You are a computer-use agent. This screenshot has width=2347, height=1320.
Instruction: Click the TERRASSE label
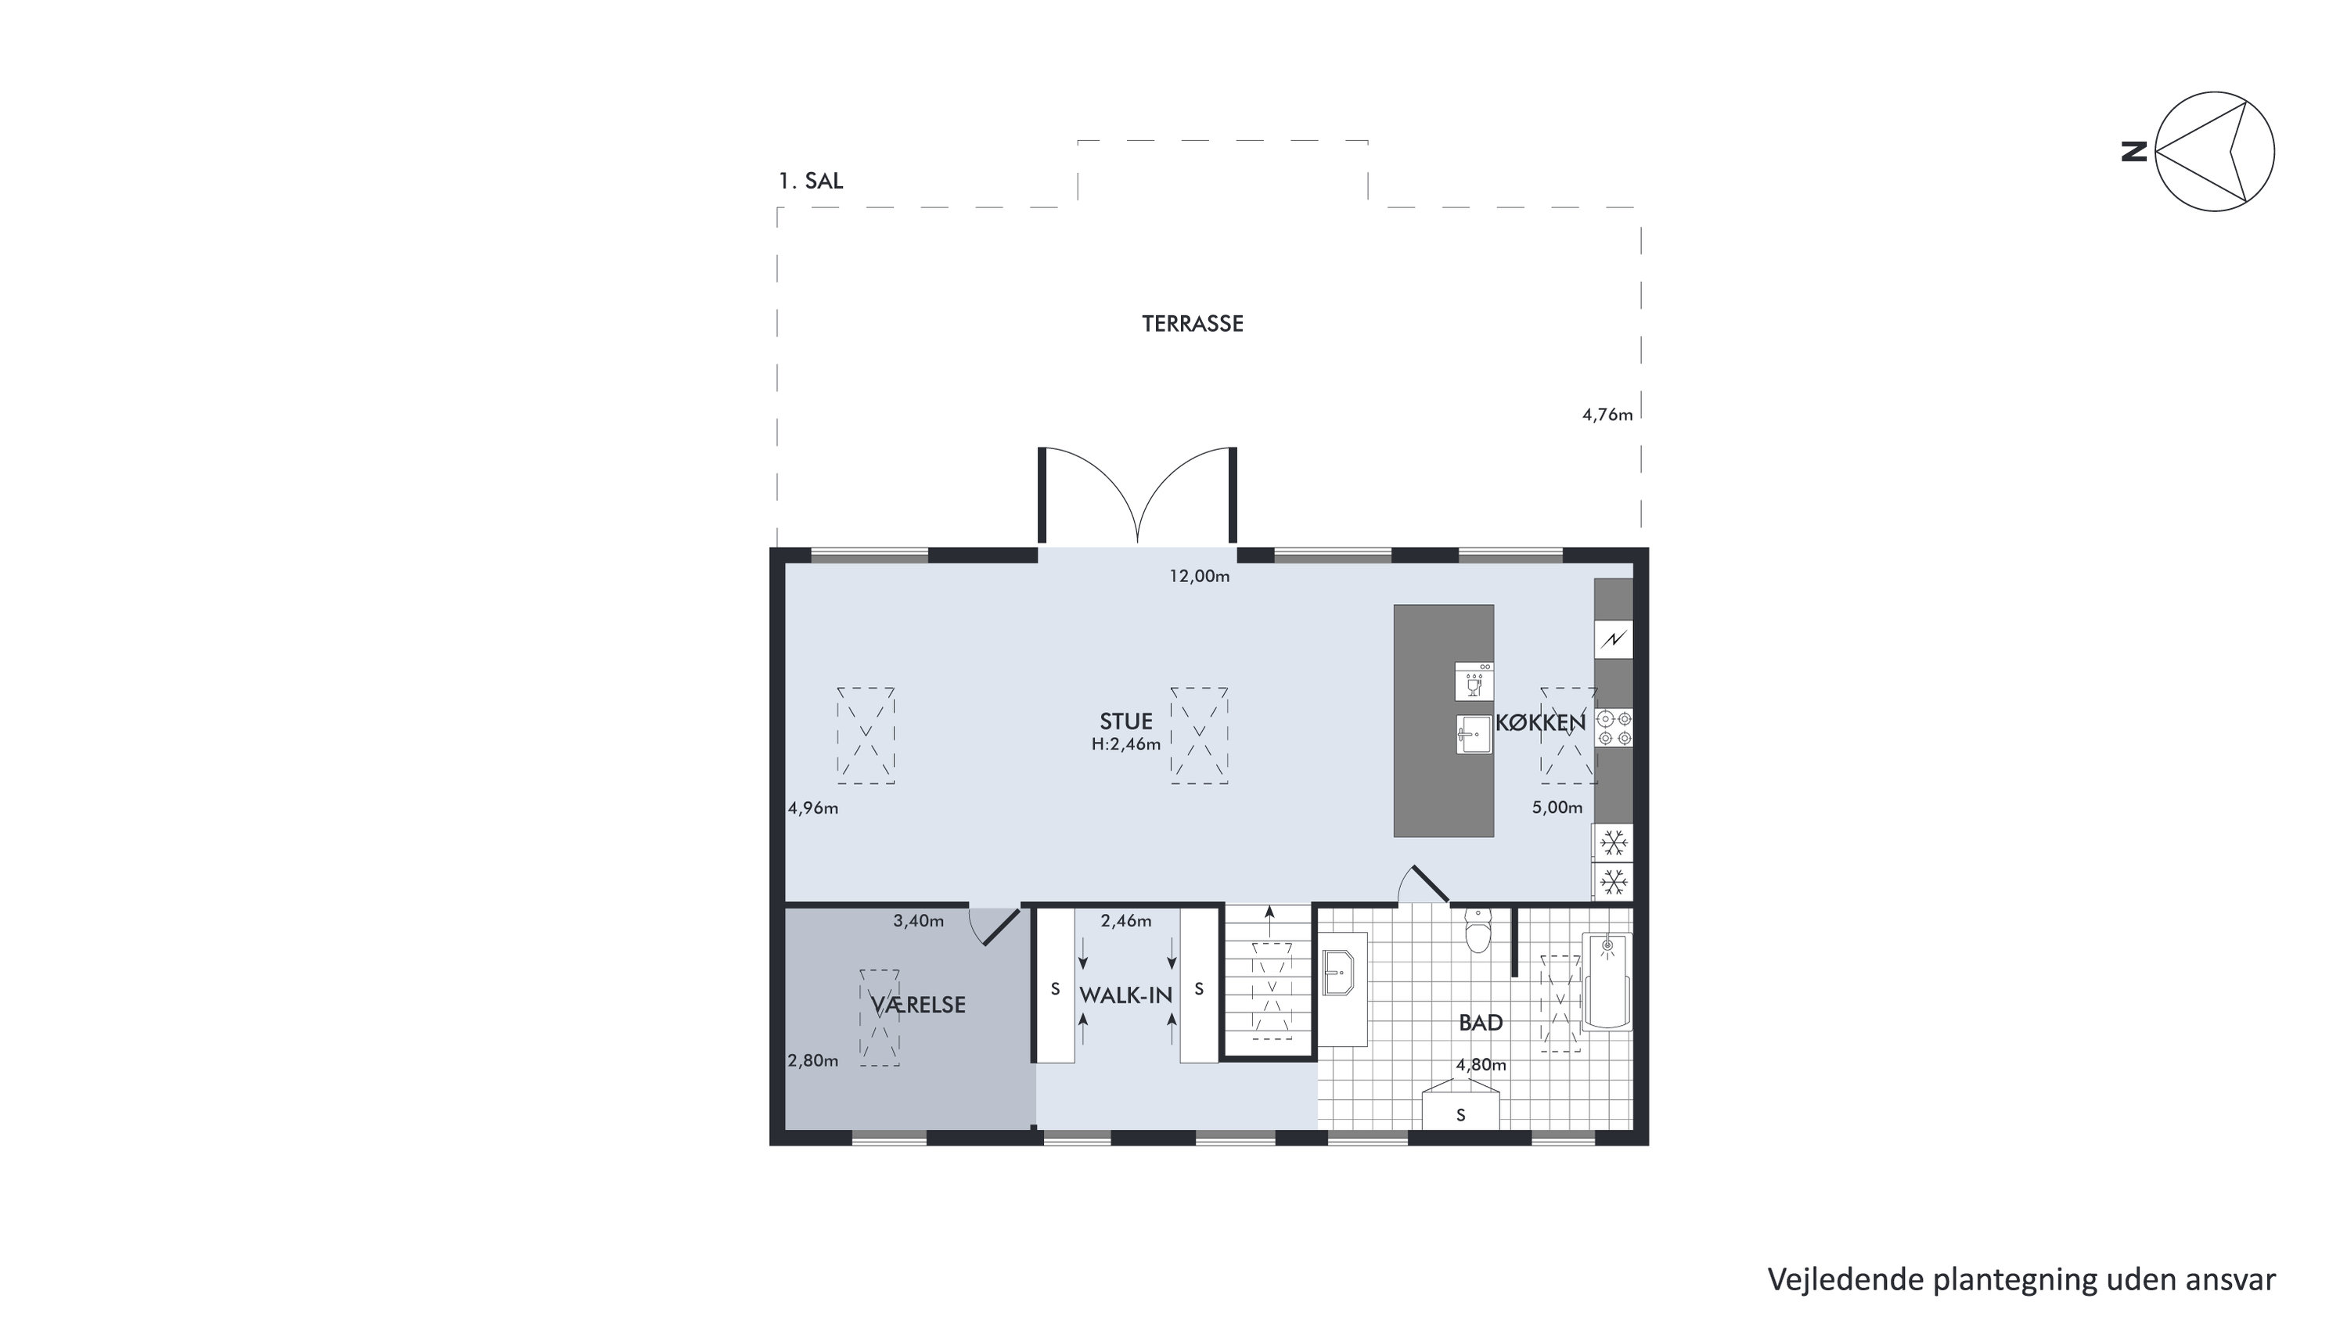(x=1192, y=324)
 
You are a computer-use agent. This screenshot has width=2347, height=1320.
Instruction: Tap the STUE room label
(x=1126, y=721)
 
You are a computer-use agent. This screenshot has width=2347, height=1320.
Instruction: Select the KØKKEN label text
(x=1541, y=722)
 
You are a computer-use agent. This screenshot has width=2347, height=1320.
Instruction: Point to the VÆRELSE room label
(x=917, y=1005)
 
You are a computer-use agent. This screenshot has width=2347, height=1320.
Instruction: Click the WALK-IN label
(x=1126, y=996)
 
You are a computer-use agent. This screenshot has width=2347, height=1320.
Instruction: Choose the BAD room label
(x=1481, y=1023)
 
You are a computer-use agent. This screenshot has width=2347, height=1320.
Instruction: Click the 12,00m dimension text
(x=1200, y=576)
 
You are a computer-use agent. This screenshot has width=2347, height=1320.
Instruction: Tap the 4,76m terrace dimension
(x=1607, y=415)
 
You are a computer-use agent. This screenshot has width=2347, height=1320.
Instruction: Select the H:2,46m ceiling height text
(x=1126, y=744)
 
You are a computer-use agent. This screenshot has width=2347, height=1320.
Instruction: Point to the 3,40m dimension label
(x=919, y=921)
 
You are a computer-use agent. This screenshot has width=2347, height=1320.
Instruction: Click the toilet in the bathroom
(x=1477, y=930)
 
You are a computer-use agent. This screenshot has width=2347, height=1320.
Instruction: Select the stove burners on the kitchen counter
(x=1614, y=728)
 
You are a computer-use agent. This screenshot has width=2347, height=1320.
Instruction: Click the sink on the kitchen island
(x=1474, y=734)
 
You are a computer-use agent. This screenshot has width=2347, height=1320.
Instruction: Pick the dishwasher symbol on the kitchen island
(x=1474, y=681)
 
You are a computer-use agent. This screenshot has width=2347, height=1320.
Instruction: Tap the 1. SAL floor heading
(x=810, y=182)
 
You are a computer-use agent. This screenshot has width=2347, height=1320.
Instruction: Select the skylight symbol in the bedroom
(x=879, y=1017)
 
